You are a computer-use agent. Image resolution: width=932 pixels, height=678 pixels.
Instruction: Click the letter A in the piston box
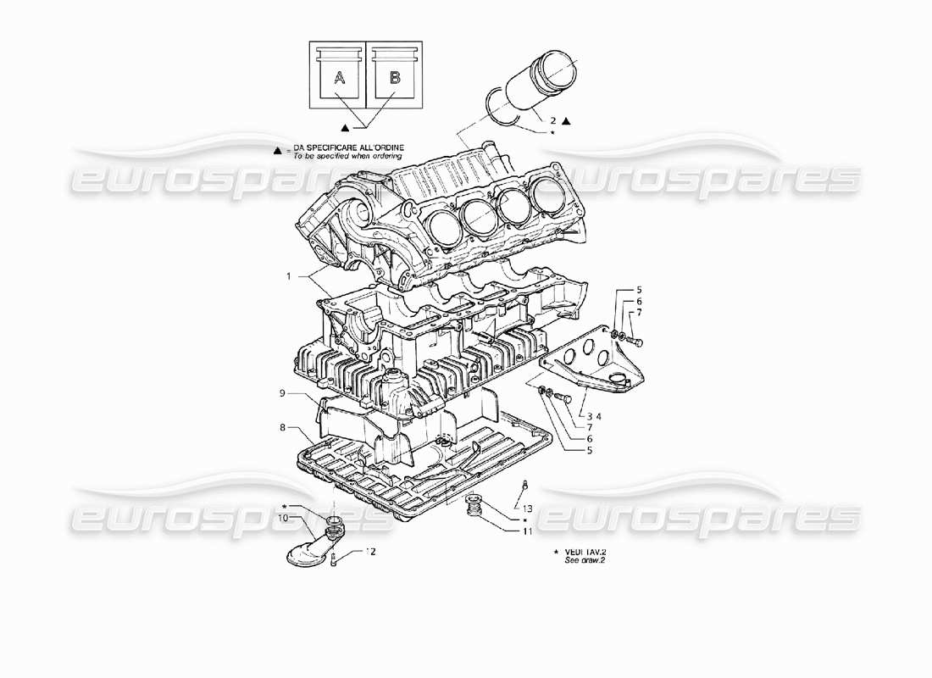click(x=339, y=79)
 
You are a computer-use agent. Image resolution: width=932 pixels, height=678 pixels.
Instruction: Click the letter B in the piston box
click(x=395, y=79)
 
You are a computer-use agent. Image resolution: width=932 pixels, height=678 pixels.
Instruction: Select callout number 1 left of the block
click(x=289, y=276)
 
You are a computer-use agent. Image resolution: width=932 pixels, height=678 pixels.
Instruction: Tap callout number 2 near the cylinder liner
click(x=552, y=121)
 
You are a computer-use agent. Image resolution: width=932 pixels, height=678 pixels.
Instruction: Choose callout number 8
click(x=282, y=427)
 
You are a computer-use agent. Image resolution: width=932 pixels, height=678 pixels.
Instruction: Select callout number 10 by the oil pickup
click(x=283, y=517)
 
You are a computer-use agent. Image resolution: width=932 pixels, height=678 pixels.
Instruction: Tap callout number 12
click(x=369, y=551)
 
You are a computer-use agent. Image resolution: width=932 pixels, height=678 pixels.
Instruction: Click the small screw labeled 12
click(x=336, y=559)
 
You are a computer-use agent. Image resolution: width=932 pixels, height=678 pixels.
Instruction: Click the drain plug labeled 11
click(x=475, y=507)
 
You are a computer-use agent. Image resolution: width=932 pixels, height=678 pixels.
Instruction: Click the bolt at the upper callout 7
click(x=639, y=342)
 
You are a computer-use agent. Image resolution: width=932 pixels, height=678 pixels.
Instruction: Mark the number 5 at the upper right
click(x=640, y=291)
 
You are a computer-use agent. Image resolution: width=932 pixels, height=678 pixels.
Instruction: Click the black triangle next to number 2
click(x=566, y=122)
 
